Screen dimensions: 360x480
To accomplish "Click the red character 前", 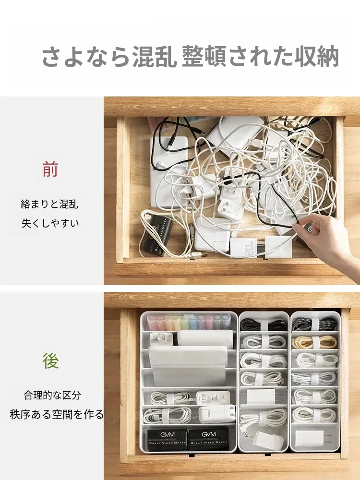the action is point(50,169).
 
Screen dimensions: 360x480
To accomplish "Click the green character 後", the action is point(50,360).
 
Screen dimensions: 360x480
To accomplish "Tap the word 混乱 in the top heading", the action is point(154,57).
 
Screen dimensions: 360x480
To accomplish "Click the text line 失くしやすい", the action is point(50,223).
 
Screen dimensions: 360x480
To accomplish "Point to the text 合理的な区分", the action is point(52,395).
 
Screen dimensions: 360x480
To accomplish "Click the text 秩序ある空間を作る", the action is point(57,414).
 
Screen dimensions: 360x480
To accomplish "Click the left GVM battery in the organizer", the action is point(167,439).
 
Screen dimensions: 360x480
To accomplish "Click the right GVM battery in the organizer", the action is point(209,439).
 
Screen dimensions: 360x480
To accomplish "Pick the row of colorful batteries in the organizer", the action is point(188,322).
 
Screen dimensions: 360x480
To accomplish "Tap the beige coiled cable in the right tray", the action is point(314,342).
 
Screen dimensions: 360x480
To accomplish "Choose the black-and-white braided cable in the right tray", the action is point(315,323).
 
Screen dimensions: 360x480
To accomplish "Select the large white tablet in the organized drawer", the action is point(188,366).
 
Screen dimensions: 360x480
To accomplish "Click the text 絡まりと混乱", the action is point(49,204).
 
